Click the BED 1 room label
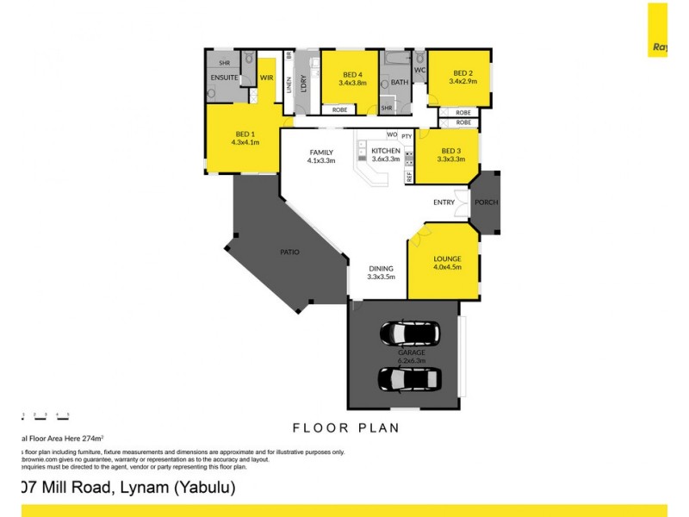(245, 134)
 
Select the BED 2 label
(462, 73)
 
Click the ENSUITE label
(224, 78)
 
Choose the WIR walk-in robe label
(266, 78)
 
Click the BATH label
(400, 83)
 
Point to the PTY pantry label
(407, 135)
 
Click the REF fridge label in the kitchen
(409, 175)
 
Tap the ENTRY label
(444, 202)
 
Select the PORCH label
(487, 202)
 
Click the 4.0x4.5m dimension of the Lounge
(448, 268)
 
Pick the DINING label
(380, 268)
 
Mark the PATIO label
(289, 252)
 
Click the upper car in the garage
(410, 331)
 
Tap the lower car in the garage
(410, 377)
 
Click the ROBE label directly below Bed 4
(340, 109)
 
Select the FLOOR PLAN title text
(344, 427)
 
